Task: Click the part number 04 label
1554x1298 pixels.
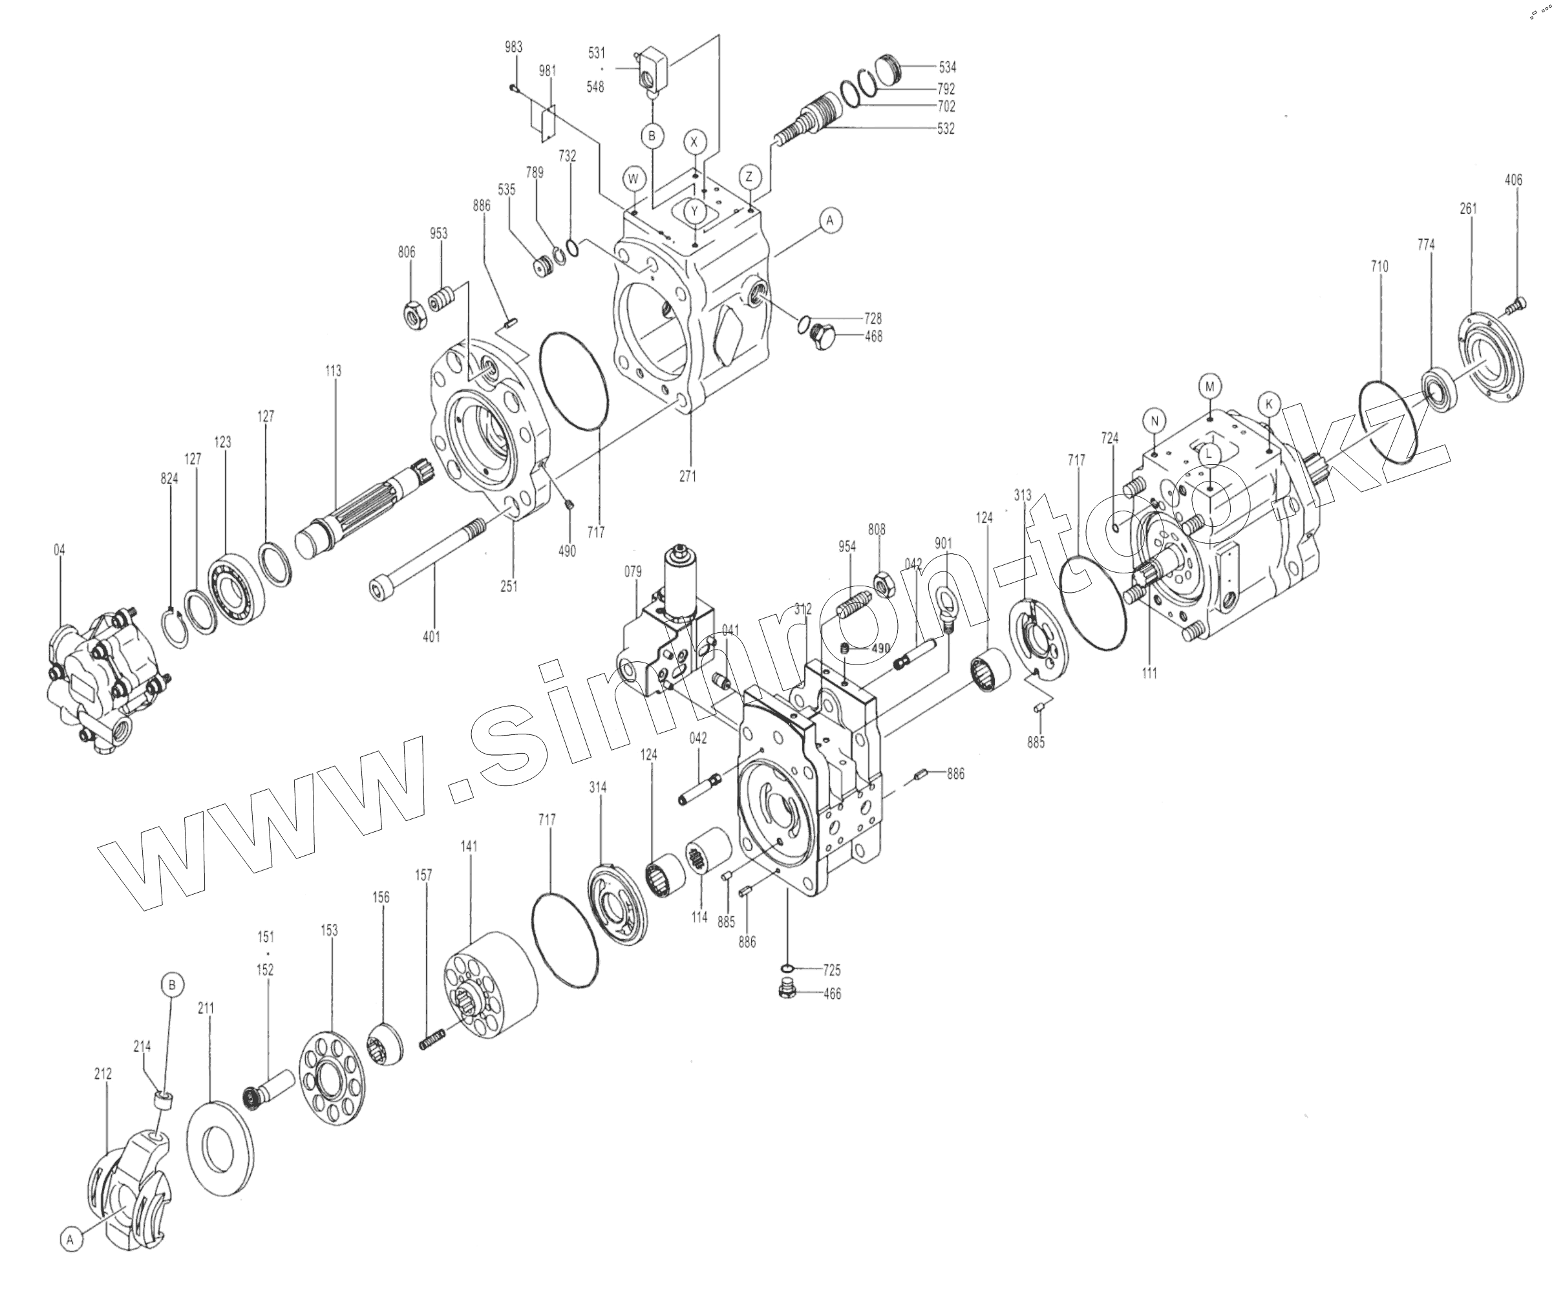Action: point(59,550)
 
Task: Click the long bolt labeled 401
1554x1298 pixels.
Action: point(428,555)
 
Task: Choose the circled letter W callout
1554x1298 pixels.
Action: point(633,179)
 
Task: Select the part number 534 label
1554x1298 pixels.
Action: point(947,67)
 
